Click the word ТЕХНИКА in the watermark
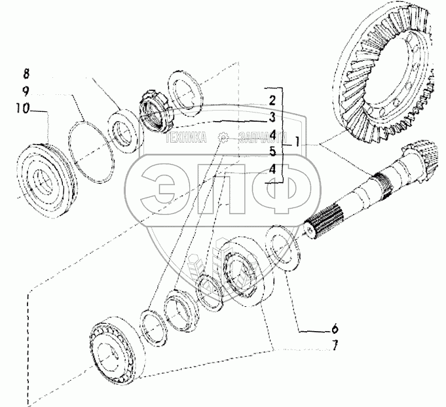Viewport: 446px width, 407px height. pyautogui.click(x=186, y=139)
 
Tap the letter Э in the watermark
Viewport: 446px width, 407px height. pyautogui.click(x=167, y=190)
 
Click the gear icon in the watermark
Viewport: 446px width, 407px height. pyautogui.click(x=223, y=138)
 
